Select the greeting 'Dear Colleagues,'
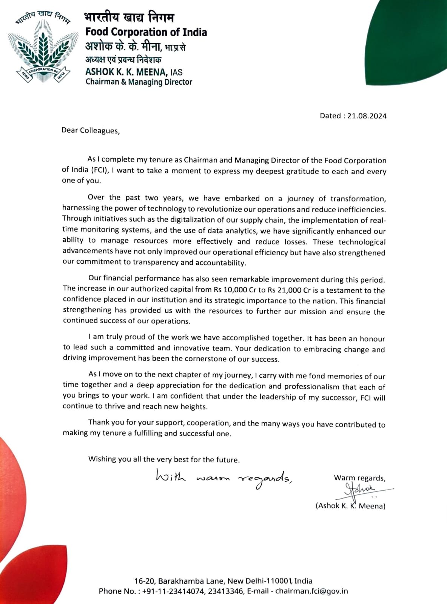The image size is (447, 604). (91, 131)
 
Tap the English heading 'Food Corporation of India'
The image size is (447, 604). (146, 32)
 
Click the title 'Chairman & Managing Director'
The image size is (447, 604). (139, 82)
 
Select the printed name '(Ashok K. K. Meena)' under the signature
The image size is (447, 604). (350, 506)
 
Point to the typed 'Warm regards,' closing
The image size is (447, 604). (359, 478)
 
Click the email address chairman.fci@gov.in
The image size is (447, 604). (311, 591)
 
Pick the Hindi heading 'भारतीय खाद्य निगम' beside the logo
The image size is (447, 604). (129, 18)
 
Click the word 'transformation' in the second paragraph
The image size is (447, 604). (358, 199)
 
